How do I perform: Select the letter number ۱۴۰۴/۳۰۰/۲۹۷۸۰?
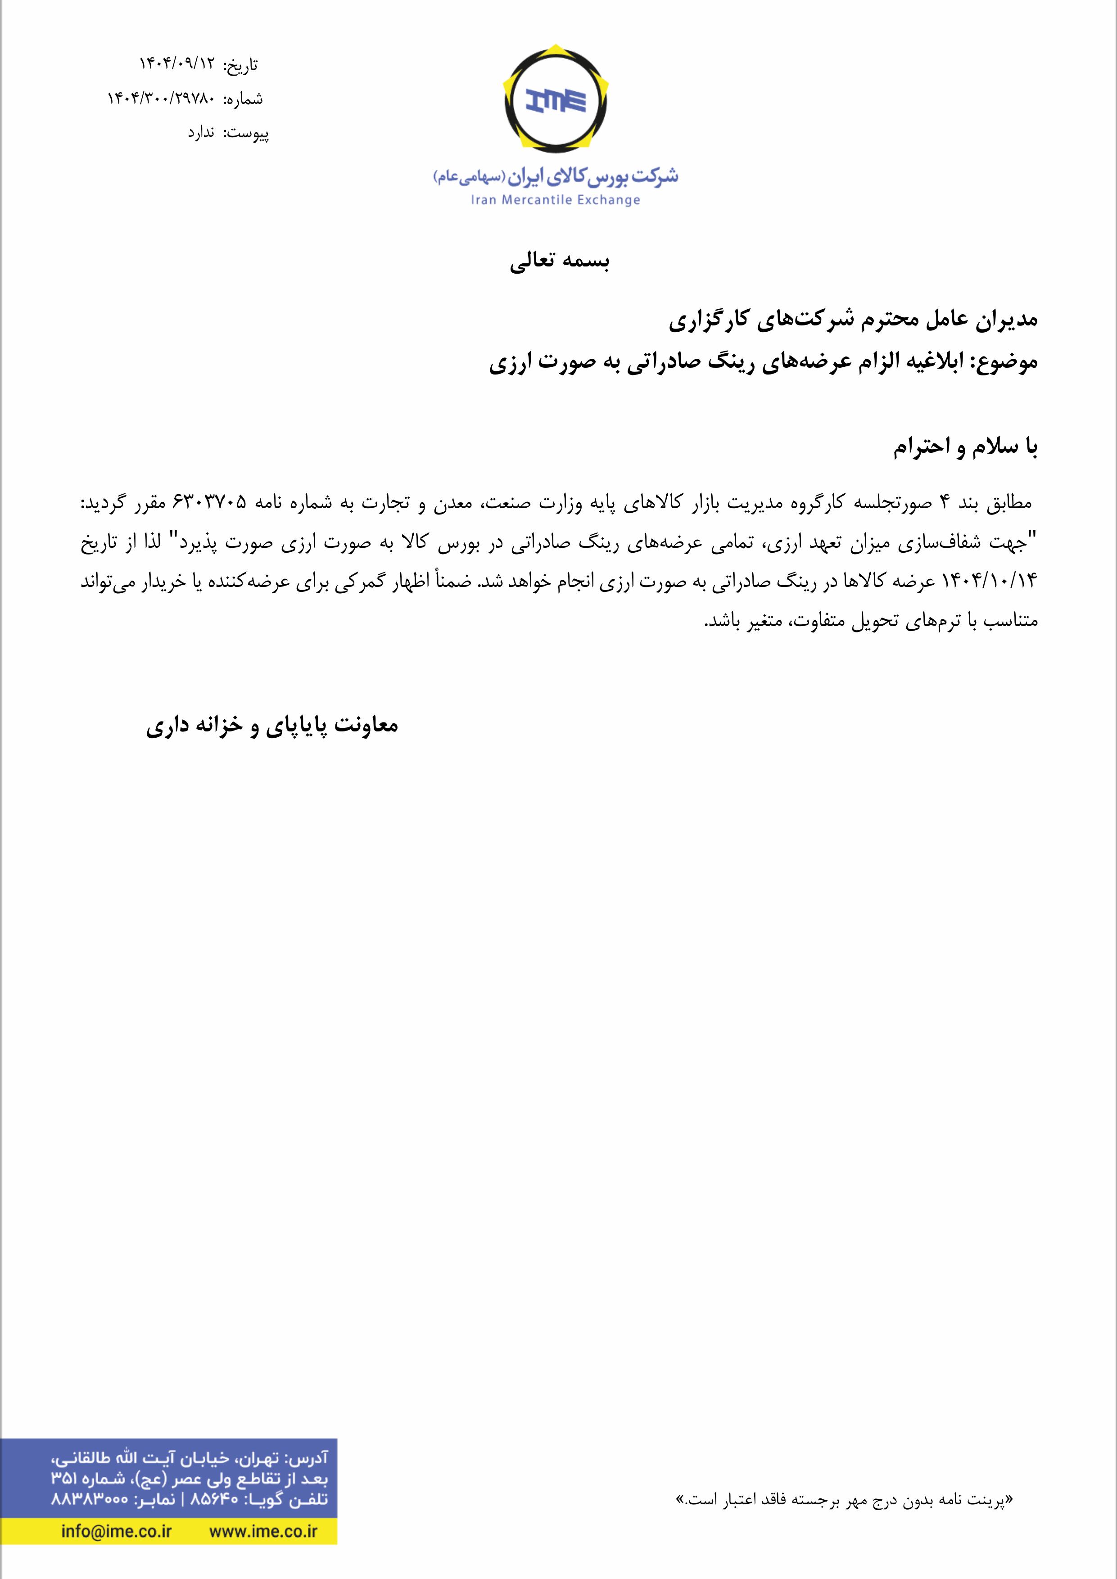(161, 98)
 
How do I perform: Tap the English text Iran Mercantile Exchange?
(555, 200)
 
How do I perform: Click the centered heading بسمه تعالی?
(560, 262)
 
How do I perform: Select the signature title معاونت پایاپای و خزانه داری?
(272, 726)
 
